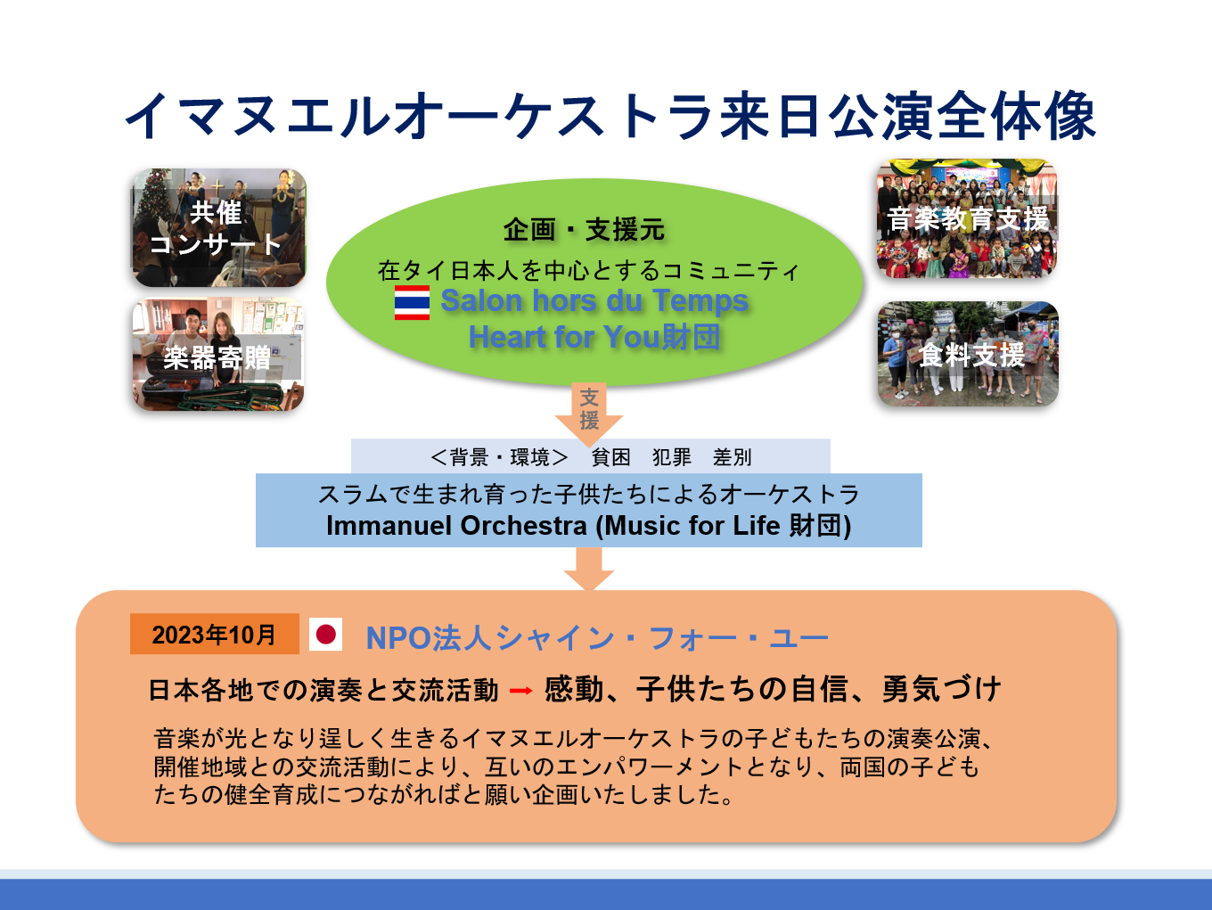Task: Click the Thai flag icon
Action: (412, 303)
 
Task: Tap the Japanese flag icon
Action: (325, 634)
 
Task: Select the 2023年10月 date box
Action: (214, 634)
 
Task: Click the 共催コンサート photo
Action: (218, 227)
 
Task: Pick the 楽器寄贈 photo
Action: (218, 354)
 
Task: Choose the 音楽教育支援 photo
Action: (968, 218)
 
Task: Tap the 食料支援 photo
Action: (968, 354)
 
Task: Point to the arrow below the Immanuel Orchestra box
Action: (588, 569)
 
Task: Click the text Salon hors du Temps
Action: (594, 301)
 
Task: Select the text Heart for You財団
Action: (594, 337)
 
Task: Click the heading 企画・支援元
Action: (584, 229)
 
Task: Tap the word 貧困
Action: (610, 457)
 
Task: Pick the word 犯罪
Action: (671, 457)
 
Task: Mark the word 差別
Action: (733, 457)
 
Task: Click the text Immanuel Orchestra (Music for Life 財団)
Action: (588, 526)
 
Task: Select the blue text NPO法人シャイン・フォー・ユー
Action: (597, 638)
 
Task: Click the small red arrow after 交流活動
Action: (520, 690)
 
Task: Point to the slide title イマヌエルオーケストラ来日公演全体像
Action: (610, 116)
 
